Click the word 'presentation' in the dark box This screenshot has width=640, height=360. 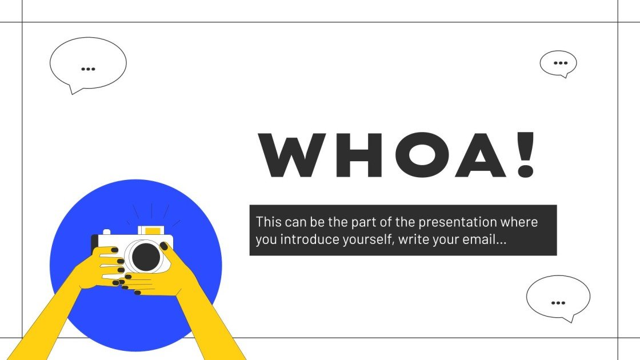pyautogui.click(x=447, y=222)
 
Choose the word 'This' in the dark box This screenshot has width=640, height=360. pyautogui.click(x=269, y=222)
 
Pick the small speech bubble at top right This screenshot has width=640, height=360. pyautogui.click(x=558, y=63)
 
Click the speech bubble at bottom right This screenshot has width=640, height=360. pyautogui.click(x=558, y=298)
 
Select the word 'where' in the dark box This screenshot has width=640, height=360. pyautogui.click(x=522, y=222)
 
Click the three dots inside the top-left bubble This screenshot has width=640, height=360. pyautogui.click(x=88, y=69)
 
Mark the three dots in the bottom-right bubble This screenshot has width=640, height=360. pyautogui.click(x=558, y=302)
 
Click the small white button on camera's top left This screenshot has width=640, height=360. pyautogui.click(x=106, y=233)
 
